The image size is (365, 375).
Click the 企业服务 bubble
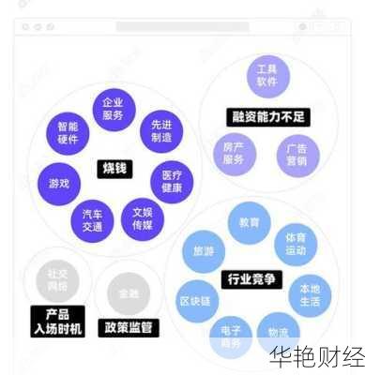pos(114,109)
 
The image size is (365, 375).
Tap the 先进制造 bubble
pos(160,131)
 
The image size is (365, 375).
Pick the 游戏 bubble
pos(58,183)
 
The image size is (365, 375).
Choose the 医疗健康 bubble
pos(171,181)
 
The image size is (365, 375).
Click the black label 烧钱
pos(114,169)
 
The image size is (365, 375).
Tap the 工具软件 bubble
pos(267,75)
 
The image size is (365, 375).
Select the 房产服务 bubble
pos(234,153)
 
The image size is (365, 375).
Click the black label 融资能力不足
pos(269,117)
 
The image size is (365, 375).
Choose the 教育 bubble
pos(249,223)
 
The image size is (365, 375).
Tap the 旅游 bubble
pos(204,251)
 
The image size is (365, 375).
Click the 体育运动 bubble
pos(296,244)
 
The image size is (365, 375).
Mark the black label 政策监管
pos(129,328)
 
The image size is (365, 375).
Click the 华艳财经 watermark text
pos(316,357)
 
